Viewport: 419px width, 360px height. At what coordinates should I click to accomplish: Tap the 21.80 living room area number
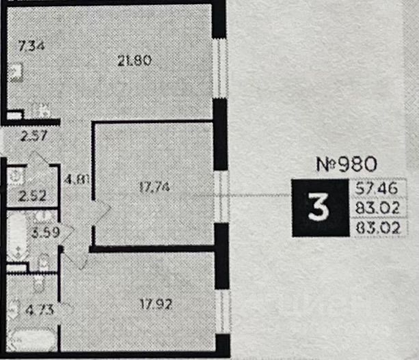[134, 60]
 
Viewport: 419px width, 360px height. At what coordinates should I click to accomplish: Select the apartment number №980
[347, 164]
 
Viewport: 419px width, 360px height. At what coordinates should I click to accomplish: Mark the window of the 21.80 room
[219, 67]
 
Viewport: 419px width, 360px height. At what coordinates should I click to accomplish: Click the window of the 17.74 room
[219, 196]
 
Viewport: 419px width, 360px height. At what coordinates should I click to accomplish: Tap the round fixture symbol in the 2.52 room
[15, 176]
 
